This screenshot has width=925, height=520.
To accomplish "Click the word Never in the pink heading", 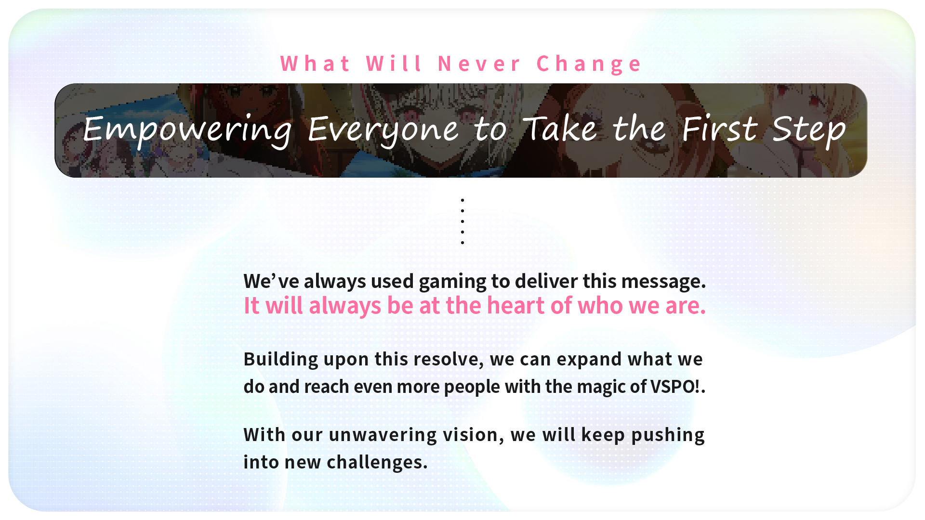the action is [479, 64].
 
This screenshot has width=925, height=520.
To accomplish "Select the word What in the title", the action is [316, 64].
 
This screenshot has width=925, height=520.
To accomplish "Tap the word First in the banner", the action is [720, 129].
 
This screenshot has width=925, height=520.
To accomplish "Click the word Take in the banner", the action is [560, 129].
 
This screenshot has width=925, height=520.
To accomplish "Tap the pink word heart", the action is [515, 305].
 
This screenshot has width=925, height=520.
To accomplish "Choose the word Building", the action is [281, 360].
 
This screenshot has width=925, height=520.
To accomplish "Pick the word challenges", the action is [377, 463].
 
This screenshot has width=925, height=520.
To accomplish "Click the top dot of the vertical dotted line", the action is [462, 200].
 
